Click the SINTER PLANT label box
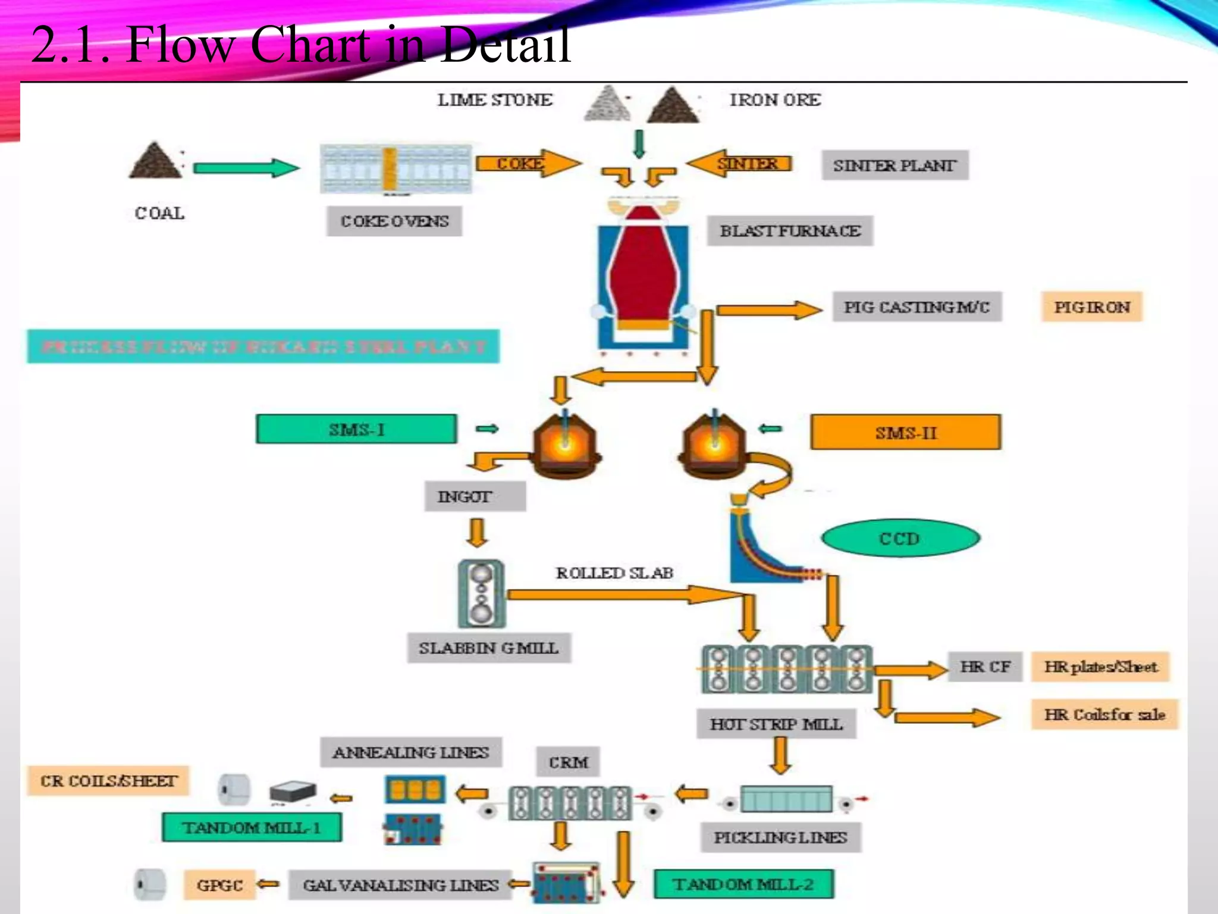pyautogui.click(x=895, y=165)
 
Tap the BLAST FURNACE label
pyautogui.click(x=790, y=231)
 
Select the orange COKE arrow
pyautogui.click(x=528, y=163)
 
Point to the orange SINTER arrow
pyautogui.click(x=740, y=163)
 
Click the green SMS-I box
pyautogui.click(x=356, y=429)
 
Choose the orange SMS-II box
pyautogui.click(x=905, y=433)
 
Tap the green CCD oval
pyautogui.click(x=900, y=539)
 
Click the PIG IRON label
pyautogui.click(x=1092, y=307)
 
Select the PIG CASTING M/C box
pyautogui.click(x=916, y=307)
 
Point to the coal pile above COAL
pyautogui.click(x=155, y=161)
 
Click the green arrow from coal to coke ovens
pyautogui.click(x=246, y=168)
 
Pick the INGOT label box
pyautogui.click(x=475, y=496)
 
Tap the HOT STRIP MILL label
pyautogui.click(x=776, y=724)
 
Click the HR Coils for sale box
pyautogui.click(x=1104, y=714)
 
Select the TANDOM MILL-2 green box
pyautogui.click(x=743, y=884)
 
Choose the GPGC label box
pyautogui.click(x=219, y=885)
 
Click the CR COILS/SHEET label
pyautogui.click(x=108, y=781)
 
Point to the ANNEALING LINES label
pyautogui.click(x=411, y=753)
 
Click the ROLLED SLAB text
pyautogui.click(x=614, y=573)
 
